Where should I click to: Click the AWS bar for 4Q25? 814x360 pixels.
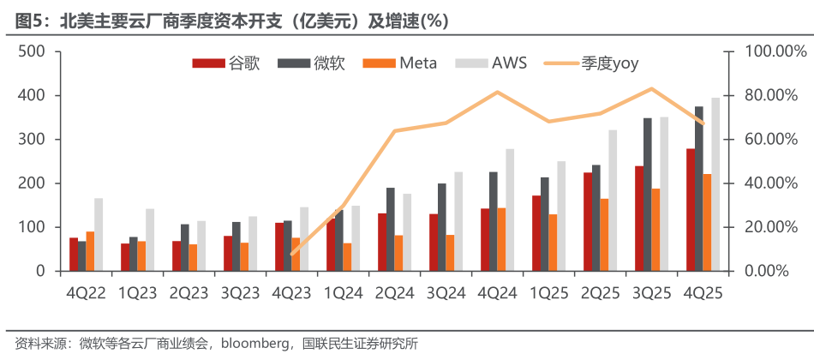click(x=715, y=184)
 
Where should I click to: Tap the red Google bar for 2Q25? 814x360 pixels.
click(x=588, y=222)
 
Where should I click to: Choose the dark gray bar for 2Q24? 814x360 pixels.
click(x=390, y=229)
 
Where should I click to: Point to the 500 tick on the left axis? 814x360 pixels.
click(x=31, y=51)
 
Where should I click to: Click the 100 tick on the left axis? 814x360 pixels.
click(x=31, y=227)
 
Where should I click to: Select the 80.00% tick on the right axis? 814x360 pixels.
click(x=770, y=95)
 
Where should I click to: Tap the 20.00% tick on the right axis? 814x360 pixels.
click(x=770, y=227)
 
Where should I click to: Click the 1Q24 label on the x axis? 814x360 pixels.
click(x=343, y=293)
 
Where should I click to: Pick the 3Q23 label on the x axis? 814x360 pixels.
click(x=240, y=293)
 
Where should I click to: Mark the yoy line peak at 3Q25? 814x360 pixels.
click(x=652, y=88)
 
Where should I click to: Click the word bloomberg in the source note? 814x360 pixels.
click(x=255, y=345)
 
